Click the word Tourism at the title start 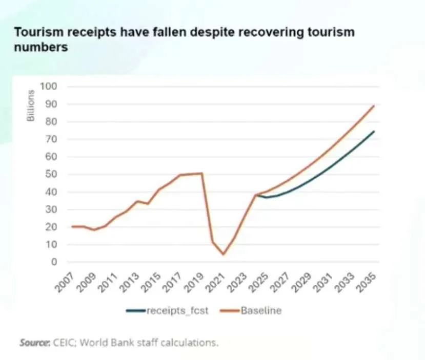(x=34, y=33)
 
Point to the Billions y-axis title (x=31, y=105)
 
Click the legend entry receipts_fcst (x=177, y=310)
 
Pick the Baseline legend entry (x=261, y=310)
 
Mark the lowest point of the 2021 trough (x=223, y=255)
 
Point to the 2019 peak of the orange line (x=202, y=173)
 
